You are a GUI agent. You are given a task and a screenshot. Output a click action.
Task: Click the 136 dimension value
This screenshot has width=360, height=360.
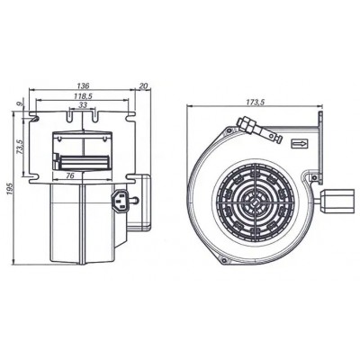[83, 85]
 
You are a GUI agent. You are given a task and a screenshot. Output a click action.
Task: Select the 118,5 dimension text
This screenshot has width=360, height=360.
[83, 96]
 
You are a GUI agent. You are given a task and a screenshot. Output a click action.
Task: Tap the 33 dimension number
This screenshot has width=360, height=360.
[83, 104]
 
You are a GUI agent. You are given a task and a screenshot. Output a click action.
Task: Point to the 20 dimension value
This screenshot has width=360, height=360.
[144, 86]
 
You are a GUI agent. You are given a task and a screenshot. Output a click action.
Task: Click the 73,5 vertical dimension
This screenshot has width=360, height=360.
[20, 147]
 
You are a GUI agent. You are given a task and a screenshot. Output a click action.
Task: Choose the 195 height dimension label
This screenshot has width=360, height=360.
[10, 189]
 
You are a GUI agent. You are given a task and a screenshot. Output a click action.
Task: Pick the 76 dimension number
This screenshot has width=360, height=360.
[69, 175]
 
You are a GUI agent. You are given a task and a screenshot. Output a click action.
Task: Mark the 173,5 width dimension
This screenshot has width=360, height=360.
[255, 103]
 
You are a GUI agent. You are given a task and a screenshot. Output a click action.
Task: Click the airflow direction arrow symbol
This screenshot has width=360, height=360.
[300, 144]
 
